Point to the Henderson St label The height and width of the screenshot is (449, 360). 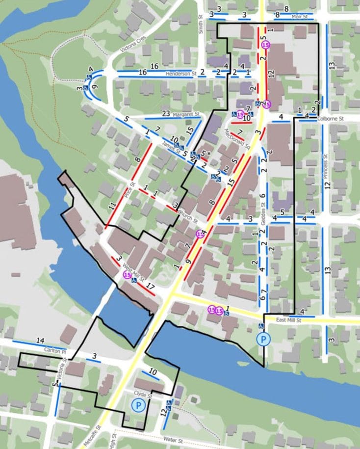click(180, 74)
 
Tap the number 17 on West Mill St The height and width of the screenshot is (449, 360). click(151, 286)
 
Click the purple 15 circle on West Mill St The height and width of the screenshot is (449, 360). click(127, 275)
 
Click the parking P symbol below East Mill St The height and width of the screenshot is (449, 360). click(264, 339)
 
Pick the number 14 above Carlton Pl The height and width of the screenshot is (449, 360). click(40, 340)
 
